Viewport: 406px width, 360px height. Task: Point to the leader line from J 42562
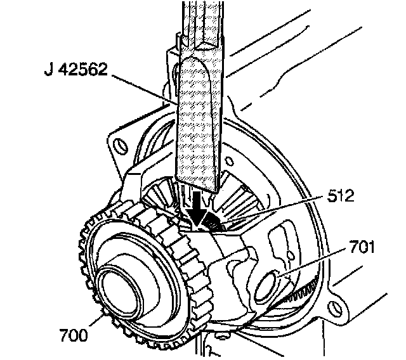[x=146, y=89]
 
